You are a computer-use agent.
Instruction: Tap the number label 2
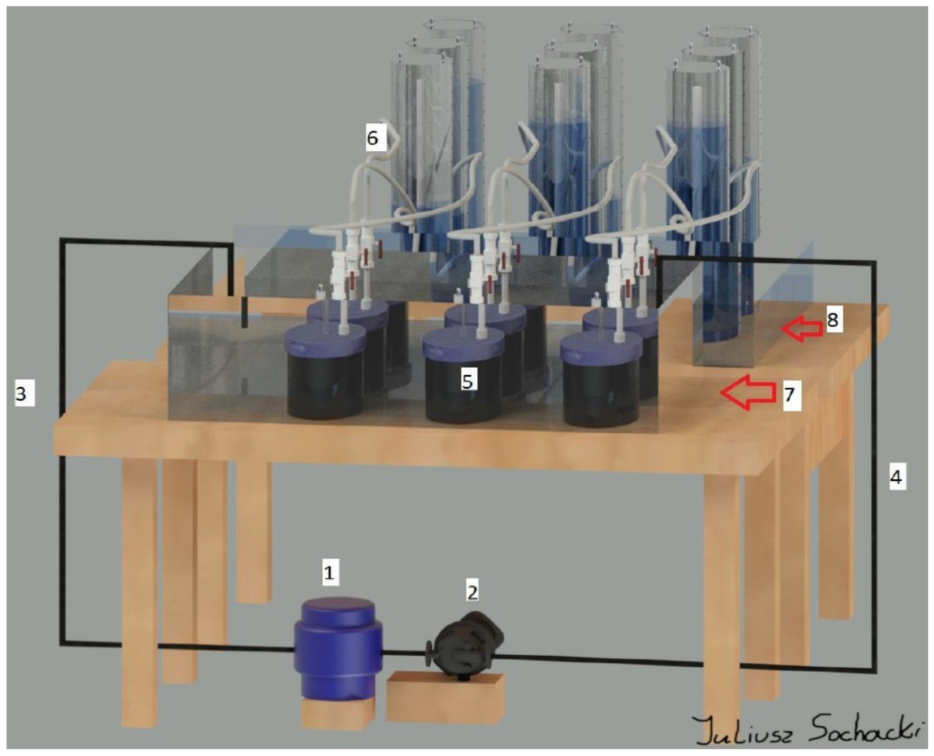tap(473, 591)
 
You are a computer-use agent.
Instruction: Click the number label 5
tap(467, 381)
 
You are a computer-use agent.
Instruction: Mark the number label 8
tap(832, 320)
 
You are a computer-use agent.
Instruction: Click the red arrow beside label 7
tap(748, 392)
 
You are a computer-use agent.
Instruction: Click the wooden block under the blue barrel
tap(338, 713)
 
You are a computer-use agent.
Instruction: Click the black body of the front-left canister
tap(325, 383)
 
